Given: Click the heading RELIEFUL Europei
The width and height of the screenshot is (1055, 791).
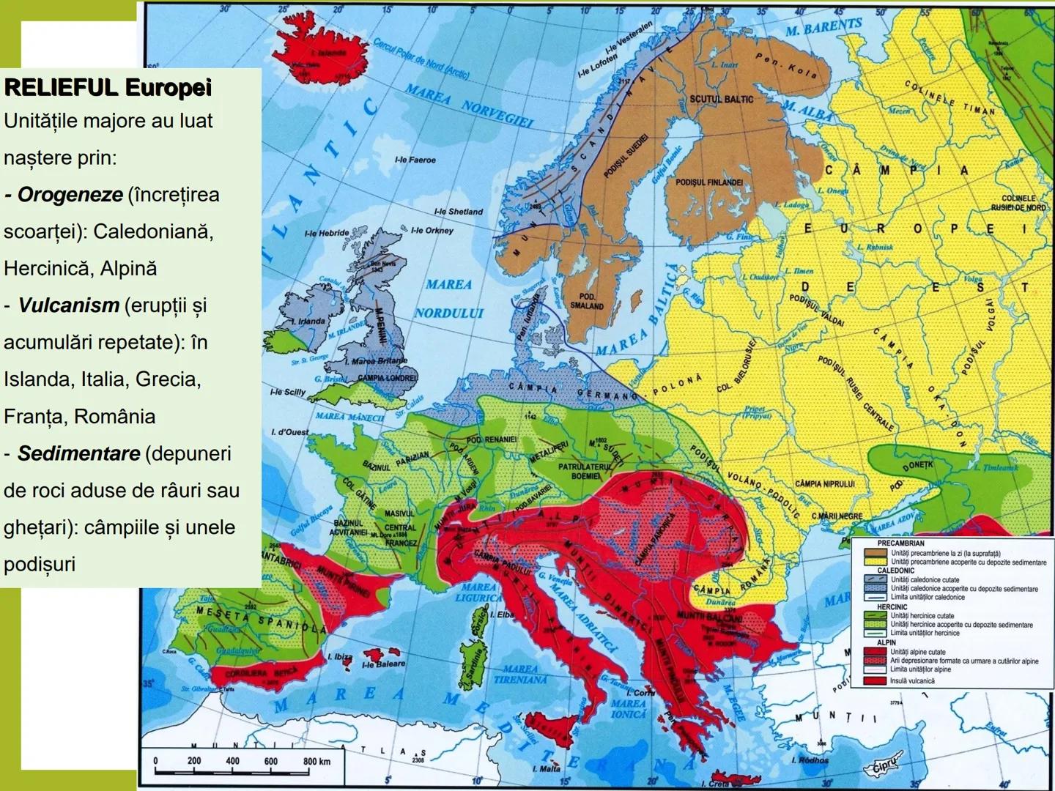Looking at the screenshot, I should click(x=108, y=87).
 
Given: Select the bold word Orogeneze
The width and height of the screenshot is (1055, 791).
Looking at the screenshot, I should click(x=70, y=195).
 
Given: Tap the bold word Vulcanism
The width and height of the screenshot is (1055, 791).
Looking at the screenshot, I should click(x=68, y=305).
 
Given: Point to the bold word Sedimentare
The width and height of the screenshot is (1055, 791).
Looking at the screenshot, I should click(x=78, y=453).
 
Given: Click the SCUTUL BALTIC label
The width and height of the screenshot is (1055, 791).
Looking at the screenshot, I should click(x=721, y=99).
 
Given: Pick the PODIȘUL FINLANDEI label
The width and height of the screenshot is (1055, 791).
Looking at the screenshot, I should click(x=708, y=182).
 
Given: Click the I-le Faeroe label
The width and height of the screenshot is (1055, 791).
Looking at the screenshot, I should click(x=415, y=160).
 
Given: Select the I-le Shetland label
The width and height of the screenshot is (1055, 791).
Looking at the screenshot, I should click(x=459, y=212).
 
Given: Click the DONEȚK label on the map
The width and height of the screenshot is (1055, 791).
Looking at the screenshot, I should click(x=917, y=465).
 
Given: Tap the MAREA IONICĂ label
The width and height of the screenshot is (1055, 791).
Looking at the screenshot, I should click(x=629, y=708).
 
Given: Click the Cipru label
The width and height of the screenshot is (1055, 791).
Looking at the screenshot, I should click(x=889, y=767).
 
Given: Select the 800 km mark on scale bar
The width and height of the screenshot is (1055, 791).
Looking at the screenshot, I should click(x=316, y=762).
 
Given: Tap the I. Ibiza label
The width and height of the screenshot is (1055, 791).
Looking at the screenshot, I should click(x=340, y=657).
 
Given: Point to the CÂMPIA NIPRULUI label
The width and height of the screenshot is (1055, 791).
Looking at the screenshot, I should click(x=825, y=484).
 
